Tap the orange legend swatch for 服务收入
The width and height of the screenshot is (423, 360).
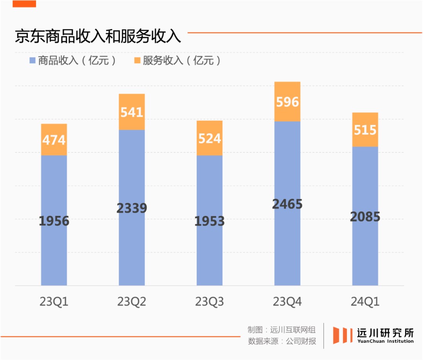click(x=137, y=61)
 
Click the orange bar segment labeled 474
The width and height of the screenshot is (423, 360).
click(x=54, y=140)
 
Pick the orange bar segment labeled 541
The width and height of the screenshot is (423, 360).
click(x=132, y=112)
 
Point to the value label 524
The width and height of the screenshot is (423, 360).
click(x=210, y=138)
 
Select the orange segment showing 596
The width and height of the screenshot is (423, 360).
click(x=287, y=102)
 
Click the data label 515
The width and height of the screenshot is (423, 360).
click(x=365, y=130)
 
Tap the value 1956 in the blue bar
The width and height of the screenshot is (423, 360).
click(x=54, y=221)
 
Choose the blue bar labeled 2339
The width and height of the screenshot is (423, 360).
click(x=132, y=208)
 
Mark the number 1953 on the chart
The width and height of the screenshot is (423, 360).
click(x=210, y=221)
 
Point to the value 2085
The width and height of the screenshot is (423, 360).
click(x=365, y=216)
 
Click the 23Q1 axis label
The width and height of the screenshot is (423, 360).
click(x=54, y=302)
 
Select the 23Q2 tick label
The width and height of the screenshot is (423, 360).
click(x=132, y=302)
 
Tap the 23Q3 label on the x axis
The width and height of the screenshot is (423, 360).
click(x=210, y=302)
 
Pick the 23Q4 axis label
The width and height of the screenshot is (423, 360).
click(x=287, y=302)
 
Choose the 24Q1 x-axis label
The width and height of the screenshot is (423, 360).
click(x=365, y=302)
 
